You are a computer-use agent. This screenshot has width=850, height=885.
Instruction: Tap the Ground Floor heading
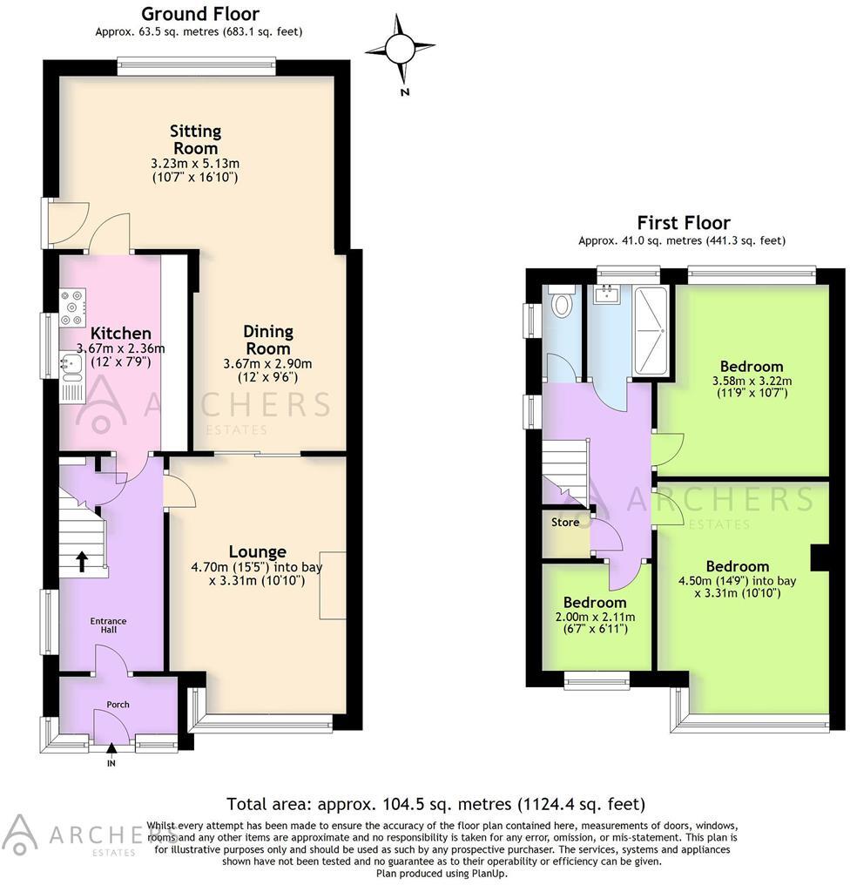(199, 13)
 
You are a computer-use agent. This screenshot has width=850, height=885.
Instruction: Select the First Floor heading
(683, 223)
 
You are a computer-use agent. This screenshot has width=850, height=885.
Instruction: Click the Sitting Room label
(195, 139)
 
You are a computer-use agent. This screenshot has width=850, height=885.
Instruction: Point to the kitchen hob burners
(71, 307)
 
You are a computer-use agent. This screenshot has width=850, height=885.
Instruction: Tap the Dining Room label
(268, 340)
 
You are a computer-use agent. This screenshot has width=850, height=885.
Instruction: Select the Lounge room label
(257, 551)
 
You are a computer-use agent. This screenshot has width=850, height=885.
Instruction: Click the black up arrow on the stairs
(82, 560)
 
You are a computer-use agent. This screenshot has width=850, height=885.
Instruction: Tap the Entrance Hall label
(109, 626)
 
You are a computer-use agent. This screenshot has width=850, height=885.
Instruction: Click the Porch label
(118, 704)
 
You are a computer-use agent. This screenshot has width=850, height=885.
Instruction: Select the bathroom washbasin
(605, 295)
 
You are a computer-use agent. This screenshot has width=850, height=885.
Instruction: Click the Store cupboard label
(565, 523)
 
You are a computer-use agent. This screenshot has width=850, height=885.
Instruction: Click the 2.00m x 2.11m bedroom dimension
(595, 617)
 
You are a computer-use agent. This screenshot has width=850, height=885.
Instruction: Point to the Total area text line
(435, 803)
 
